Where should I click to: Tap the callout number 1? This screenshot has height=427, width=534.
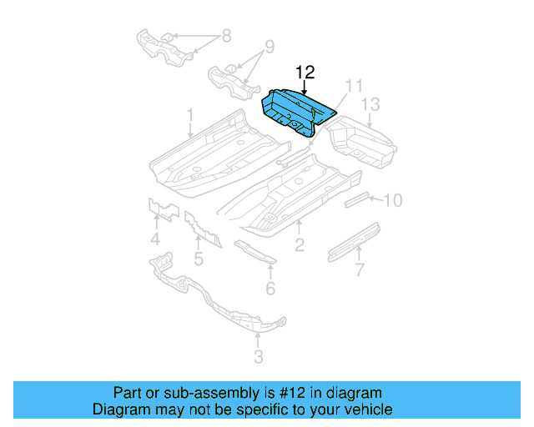click(190, 114)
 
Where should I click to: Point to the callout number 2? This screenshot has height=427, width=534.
click(299, 244)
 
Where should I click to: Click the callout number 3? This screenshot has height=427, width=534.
click(258, 357)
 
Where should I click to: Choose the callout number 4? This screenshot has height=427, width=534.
click(155, 243)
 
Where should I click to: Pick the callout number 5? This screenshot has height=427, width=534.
click(199, 259)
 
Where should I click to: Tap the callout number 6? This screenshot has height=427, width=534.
click(270, 289)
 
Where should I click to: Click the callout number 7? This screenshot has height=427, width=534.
click(360, 269)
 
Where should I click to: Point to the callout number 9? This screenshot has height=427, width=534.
click(269, 46)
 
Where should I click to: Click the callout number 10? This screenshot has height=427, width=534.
click(393, 200)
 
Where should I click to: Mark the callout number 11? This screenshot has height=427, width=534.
click(355, 86)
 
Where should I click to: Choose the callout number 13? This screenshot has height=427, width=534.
click(370, 103)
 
